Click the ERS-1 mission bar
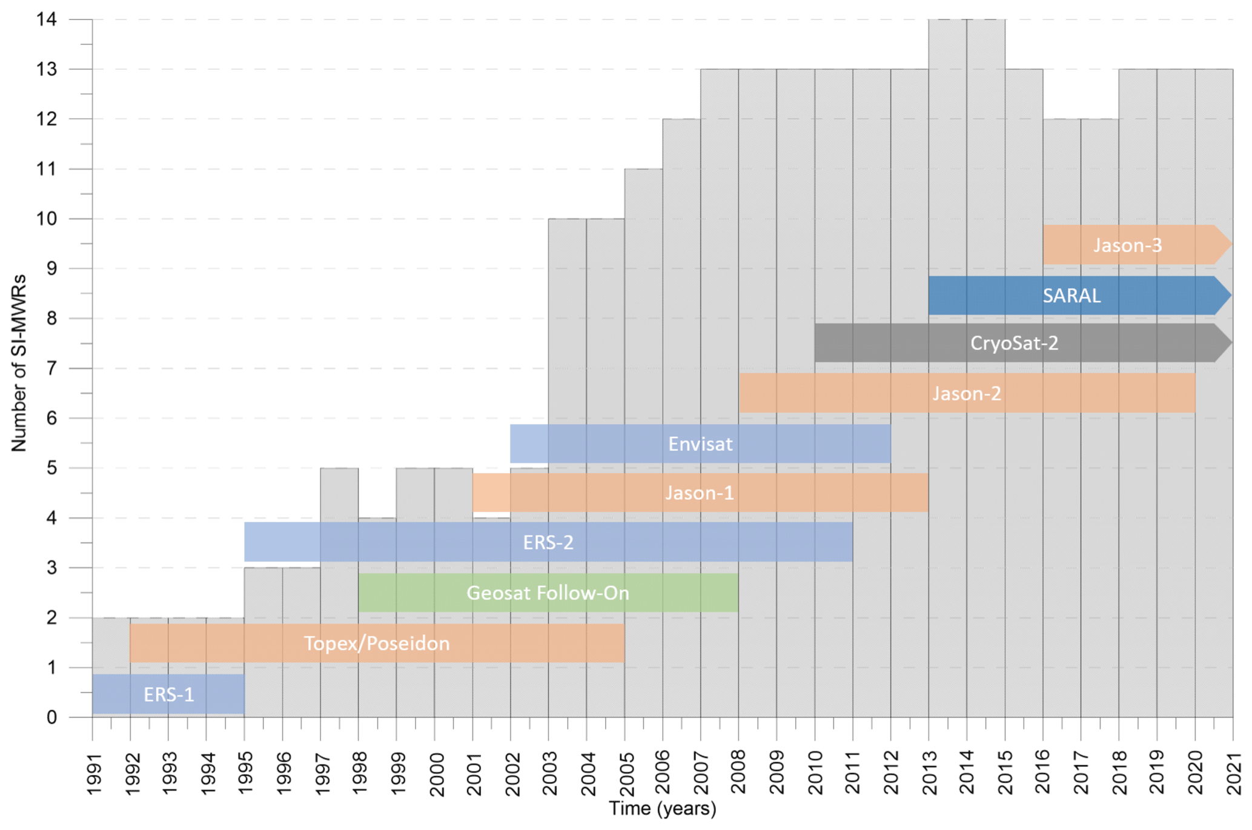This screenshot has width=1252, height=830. coord(168,694)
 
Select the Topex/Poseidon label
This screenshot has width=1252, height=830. coord(377,643)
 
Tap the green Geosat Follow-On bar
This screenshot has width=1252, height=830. coord(548,593)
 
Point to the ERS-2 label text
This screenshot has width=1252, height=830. coord(548,542)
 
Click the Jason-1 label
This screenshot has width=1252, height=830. coord(700,493)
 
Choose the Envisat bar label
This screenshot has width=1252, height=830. coord(700,444)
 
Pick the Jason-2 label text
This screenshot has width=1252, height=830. coord(966,394)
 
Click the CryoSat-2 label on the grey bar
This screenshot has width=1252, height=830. coord(1014,344)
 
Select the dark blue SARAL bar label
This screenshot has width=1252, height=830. coord(1071,296)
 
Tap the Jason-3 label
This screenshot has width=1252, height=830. coord(1127,245)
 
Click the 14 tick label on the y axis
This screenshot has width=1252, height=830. coord(47,19)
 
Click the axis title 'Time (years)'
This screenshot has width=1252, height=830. coord(662,809)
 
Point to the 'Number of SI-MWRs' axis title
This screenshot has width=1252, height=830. coord(19,362)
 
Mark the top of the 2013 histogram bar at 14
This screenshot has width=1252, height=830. coord(947,20)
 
